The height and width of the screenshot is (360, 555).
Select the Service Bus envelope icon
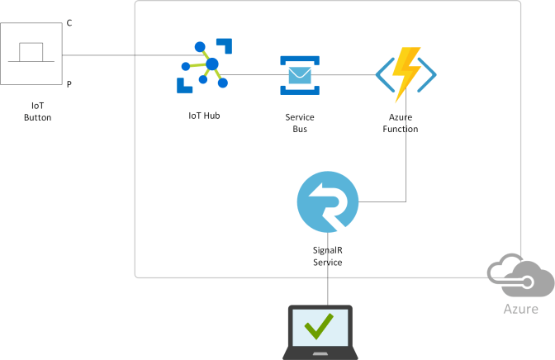pyautogui.click(x=300, y=75)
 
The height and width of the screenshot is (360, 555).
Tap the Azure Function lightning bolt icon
pyautogui.click(x=405, y=74)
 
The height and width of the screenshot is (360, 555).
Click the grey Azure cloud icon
pyautogui.click(x=520, y=275)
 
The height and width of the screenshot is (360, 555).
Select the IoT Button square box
pyautogui.click(x=31, y=54)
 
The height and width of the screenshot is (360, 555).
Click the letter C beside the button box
pyautogui.click(x=69, y=23)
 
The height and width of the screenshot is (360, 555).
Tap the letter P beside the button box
pyautogui.click(x=69, y=83)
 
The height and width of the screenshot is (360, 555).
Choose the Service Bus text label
pyautogui.click(x=299, y=123)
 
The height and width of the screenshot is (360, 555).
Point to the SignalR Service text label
pyautogui.click(x=328, y=256)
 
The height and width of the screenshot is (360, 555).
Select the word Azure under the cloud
pyautogui.click(x=521, y=310)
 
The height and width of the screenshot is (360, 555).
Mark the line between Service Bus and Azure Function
pyautogui.click(x=347, y=75)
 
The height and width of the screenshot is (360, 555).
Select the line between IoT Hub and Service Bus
pyautogui.click(x=252, y=75)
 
